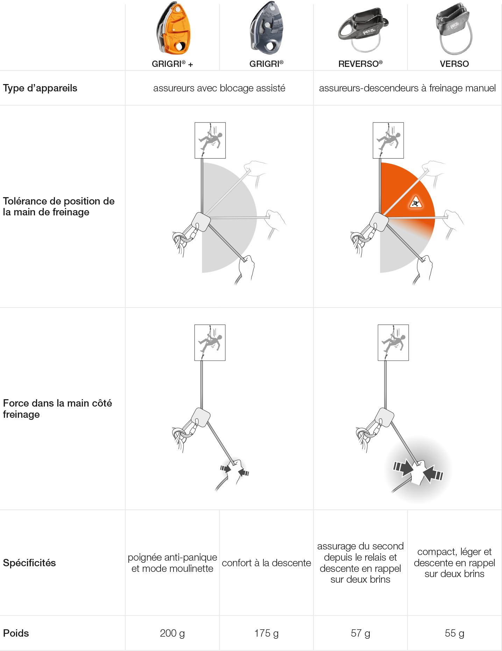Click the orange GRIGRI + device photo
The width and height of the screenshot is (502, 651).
click(x=173, y=28)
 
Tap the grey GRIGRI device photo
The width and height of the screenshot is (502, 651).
click(x=267, y=28)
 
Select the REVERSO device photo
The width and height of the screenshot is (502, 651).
click(x=363, y=30)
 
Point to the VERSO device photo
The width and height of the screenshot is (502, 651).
click(x=454, y=29)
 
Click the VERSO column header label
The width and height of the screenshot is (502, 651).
click(x=454, y=64)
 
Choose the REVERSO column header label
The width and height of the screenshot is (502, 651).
click(x=360, y=64)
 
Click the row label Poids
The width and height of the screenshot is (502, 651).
click(x=16, y=633)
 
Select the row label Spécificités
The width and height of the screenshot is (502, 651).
click(x=29, y=563)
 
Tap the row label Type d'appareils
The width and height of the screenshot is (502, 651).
click(x=40, y=88)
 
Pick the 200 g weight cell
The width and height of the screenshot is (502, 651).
click(x=172, y=633)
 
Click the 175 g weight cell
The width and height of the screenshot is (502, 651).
click(x=266, y=633)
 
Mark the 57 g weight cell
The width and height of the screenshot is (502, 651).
click(x=360, y=633)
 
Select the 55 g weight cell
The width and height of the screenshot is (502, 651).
click(x=454, y=633)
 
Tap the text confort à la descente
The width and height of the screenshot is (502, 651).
click(x=266, y=563)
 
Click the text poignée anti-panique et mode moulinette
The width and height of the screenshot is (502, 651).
click(x=172, y=563)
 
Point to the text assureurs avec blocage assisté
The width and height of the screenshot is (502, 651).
click(x=219, y=88)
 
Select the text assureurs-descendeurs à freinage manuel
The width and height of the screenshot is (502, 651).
click(x=407, y=88)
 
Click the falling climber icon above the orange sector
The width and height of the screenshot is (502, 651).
click(x=388, y=140)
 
